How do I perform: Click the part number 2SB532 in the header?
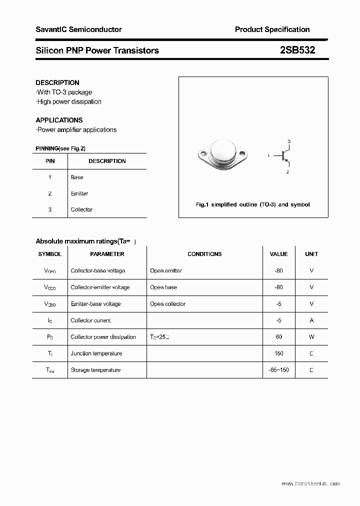(297, 50)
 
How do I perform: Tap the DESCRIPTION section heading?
(57, 82)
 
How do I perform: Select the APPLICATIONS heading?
(59, 120)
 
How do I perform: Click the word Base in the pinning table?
(77, 177)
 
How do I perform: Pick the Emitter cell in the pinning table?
(79, 193)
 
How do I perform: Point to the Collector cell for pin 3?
(81, 209)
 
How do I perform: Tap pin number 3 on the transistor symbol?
(289, 141)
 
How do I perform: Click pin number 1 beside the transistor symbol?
(268, 156)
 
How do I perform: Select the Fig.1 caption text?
(252, 204)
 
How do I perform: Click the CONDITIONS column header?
(204, 254)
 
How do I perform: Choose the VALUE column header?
(278, 254)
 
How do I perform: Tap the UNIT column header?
(311, 254)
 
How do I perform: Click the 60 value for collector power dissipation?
(279, 337)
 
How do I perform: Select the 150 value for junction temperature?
(279, 353)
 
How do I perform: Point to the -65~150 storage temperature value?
(279, 370)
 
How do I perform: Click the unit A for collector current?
(311, 320)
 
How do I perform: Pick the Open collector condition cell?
(167, 304)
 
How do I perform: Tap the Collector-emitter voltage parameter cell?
(100, 287)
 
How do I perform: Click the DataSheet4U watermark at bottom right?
(310, 483)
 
